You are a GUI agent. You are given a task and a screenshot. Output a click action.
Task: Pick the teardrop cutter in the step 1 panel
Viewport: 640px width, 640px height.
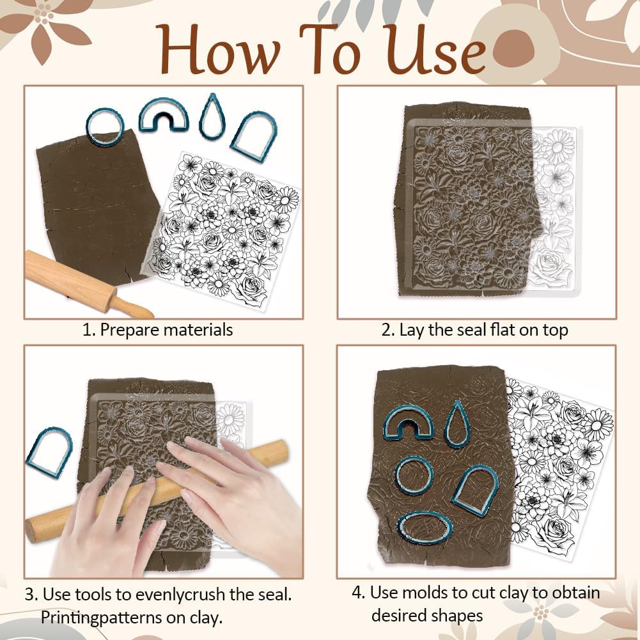click(212, 116)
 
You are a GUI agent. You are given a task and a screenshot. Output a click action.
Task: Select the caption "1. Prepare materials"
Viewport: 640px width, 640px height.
click(158, 330)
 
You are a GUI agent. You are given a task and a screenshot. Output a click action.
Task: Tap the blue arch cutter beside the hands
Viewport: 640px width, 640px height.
click(49, 452)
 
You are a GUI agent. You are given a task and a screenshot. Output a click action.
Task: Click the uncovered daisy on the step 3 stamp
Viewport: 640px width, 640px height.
click(230, 419)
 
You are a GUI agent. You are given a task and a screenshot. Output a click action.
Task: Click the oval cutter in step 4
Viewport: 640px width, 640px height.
click(425, 527)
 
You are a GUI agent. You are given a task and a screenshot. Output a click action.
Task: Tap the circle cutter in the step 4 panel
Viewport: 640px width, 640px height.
click(414, 476)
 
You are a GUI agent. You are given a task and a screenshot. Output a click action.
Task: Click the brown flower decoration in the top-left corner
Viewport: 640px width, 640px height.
click(43, 24)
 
